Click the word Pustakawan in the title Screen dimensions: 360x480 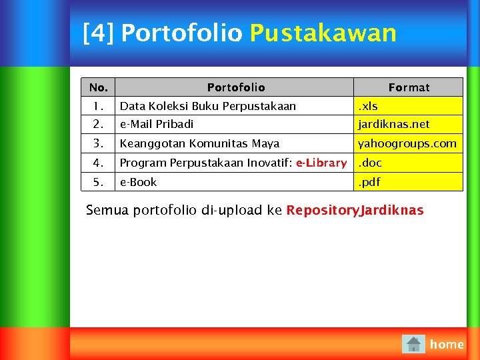(323, 33)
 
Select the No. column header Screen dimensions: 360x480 (98, 87)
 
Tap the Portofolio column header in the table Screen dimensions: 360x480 (235, 87)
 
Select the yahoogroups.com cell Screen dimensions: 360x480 (407, 143)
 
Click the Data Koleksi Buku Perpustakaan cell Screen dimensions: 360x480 (207, 106)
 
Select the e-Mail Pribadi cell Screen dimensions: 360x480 (157, 124)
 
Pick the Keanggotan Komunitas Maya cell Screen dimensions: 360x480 (199, 143)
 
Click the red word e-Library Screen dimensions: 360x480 (321, 163)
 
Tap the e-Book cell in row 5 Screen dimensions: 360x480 (138, 182)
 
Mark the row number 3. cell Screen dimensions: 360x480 (98, 143)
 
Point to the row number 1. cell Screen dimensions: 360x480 (98, 106)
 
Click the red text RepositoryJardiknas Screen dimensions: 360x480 (355, 211)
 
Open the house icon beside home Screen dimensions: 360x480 (413, 344)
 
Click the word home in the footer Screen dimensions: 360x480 (447, 344)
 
